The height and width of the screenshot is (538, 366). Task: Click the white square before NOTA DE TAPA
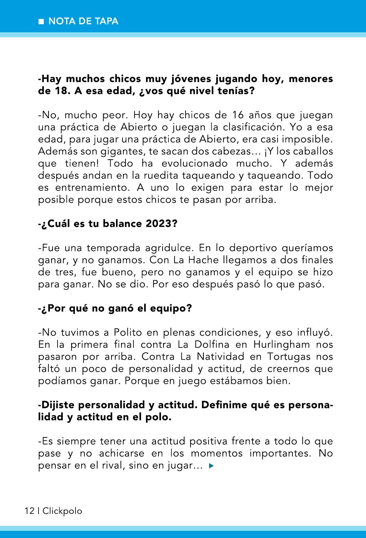tap(41, 22)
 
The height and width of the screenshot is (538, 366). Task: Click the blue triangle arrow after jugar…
tap(212, 466)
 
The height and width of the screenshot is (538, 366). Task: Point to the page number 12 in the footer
tap(30, 511)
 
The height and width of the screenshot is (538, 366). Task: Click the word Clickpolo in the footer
tap(62, 511)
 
